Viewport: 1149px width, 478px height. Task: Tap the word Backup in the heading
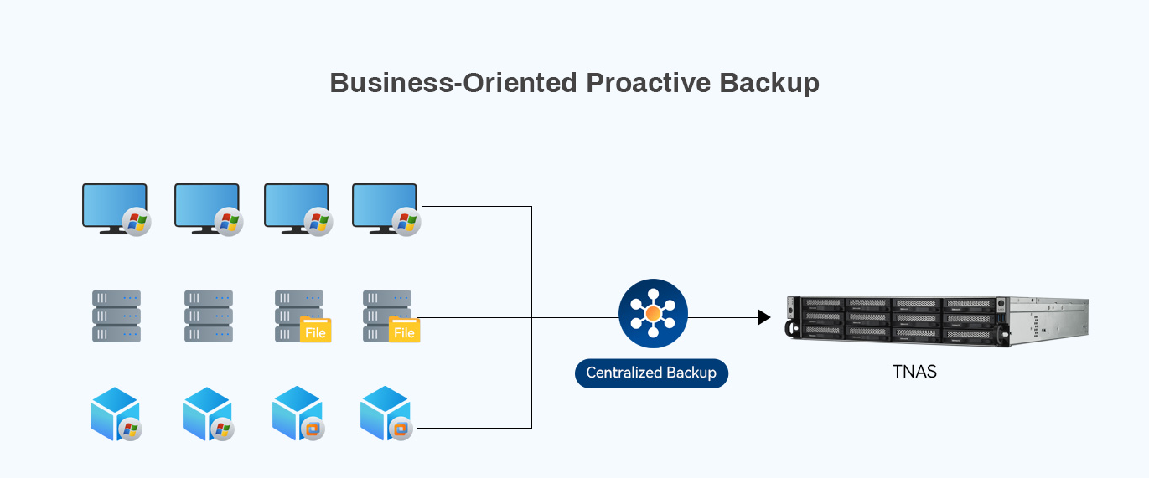tap(769, 83)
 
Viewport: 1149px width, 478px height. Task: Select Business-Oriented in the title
tap(453, 83)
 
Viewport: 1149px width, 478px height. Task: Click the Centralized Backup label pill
tap(651, 373)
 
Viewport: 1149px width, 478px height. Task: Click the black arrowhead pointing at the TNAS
tap(763, 317)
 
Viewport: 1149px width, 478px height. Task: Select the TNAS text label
tap(914, 372)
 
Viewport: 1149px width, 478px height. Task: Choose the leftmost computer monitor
tap(114, 206)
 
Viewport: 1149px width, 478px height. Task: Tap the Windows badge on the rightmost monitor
tap(406, 222)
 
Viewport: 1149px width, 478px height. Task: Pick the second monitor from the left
tap(206, 206)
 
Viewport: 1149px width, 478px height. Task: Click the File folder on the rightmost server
tap(404, 330)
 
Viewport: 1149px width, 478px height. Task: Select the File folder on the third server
tap(315, 330)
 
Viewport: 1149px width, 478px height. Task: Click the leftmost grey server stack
tap(116, 316)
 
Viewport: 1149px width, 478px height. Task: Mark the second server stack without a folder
tap(209, 316)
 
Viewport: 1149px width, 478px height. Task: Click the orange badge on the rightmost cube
tap(401, 429)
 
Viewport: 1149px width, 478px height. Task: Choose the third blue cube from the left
tap(296, 413)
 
